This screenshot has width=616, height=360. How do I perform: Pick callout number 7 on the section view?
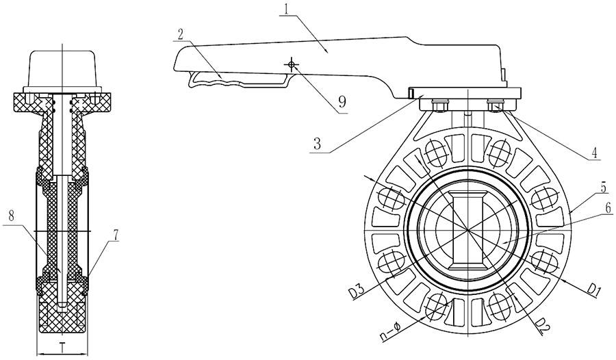click(116, 235)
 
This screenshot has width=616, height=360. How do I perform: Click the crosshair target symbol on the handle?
click(292, 64)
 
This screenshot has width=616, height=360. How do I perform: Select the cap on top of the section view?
click(62, 70)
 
